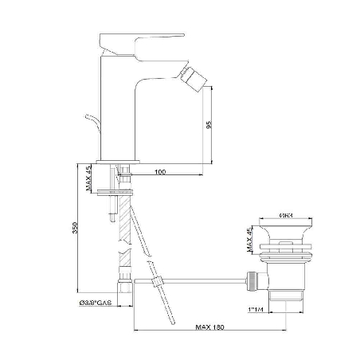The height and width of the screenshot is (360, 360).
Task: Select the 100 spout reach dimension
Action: pyautogui.click(x=160, y=171)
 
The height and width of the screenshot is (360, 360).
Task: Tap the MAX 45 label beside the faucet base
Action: pyautogui.click(x=89, y=180)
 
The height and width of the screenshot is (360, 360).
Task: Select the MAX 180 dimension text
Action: pyautogui.click(x=209, y=327)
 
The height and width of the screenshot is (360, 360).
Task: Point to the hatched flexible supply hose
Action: pyautogui.click(x=122, y=239)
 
